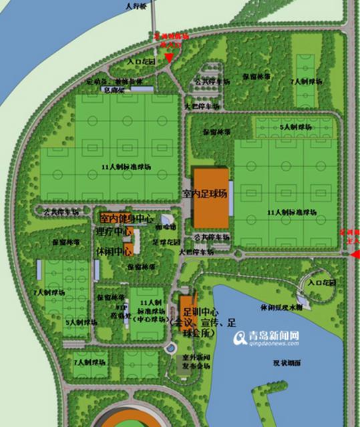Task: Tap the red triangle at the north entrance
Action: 169,58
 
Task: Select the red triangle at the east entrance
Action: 355,254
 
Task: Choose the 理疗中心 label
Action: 114,232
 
